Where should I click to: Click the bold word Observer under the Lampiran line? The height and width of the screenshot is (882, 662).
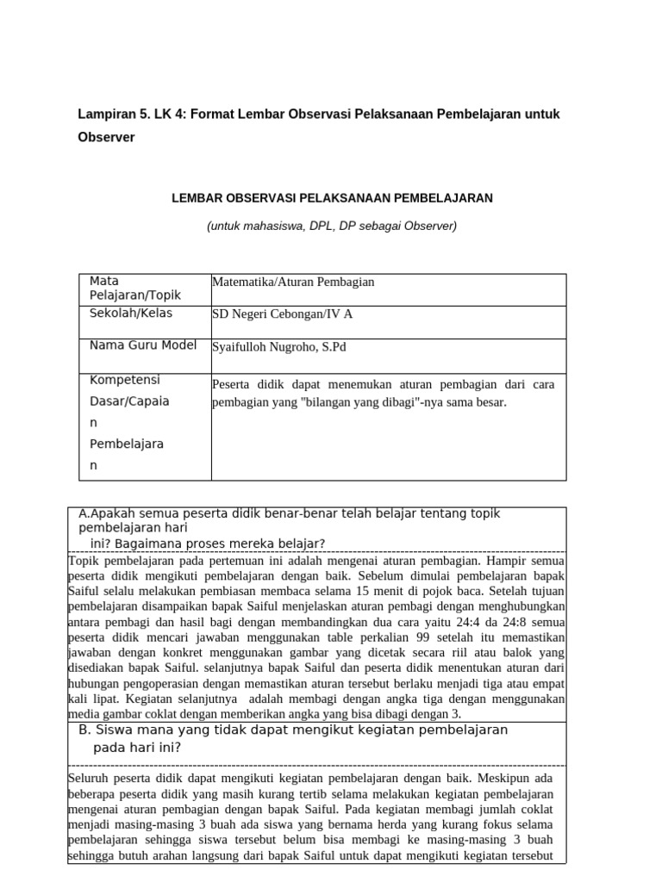106,138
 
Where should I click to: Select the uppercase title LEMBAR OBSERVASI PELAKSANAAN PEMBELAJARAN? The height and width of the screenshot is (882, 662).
332,198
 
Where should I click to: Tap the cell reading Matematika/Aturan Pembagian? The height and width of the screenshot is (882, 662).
293,283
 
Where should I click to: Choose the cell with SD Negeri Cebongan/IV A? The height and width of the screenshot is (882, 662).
282,314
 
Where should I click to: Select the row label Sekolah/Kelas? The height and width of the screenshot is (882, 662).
131,314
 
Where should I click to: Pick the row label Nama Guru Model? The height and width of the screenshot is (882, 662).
143,345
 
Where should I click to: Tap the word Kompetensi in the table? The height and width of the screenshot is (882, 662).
125,380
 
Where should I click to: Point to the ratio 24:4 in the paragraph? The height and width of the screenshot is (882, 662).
481,622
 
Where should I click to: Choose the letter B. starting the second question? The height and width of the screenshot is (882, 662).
84,730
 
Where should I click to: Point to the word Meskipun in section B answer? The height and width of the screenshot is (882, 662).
512,778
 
